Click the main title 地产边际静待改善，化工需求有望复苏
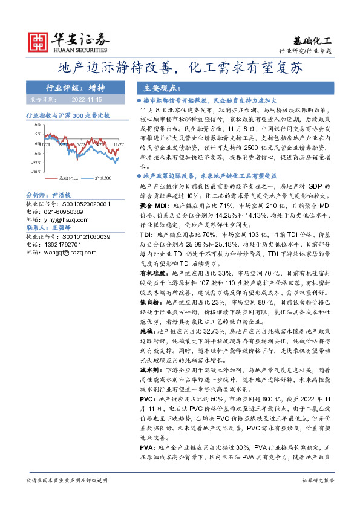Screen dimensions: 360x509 pos(180,67)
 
